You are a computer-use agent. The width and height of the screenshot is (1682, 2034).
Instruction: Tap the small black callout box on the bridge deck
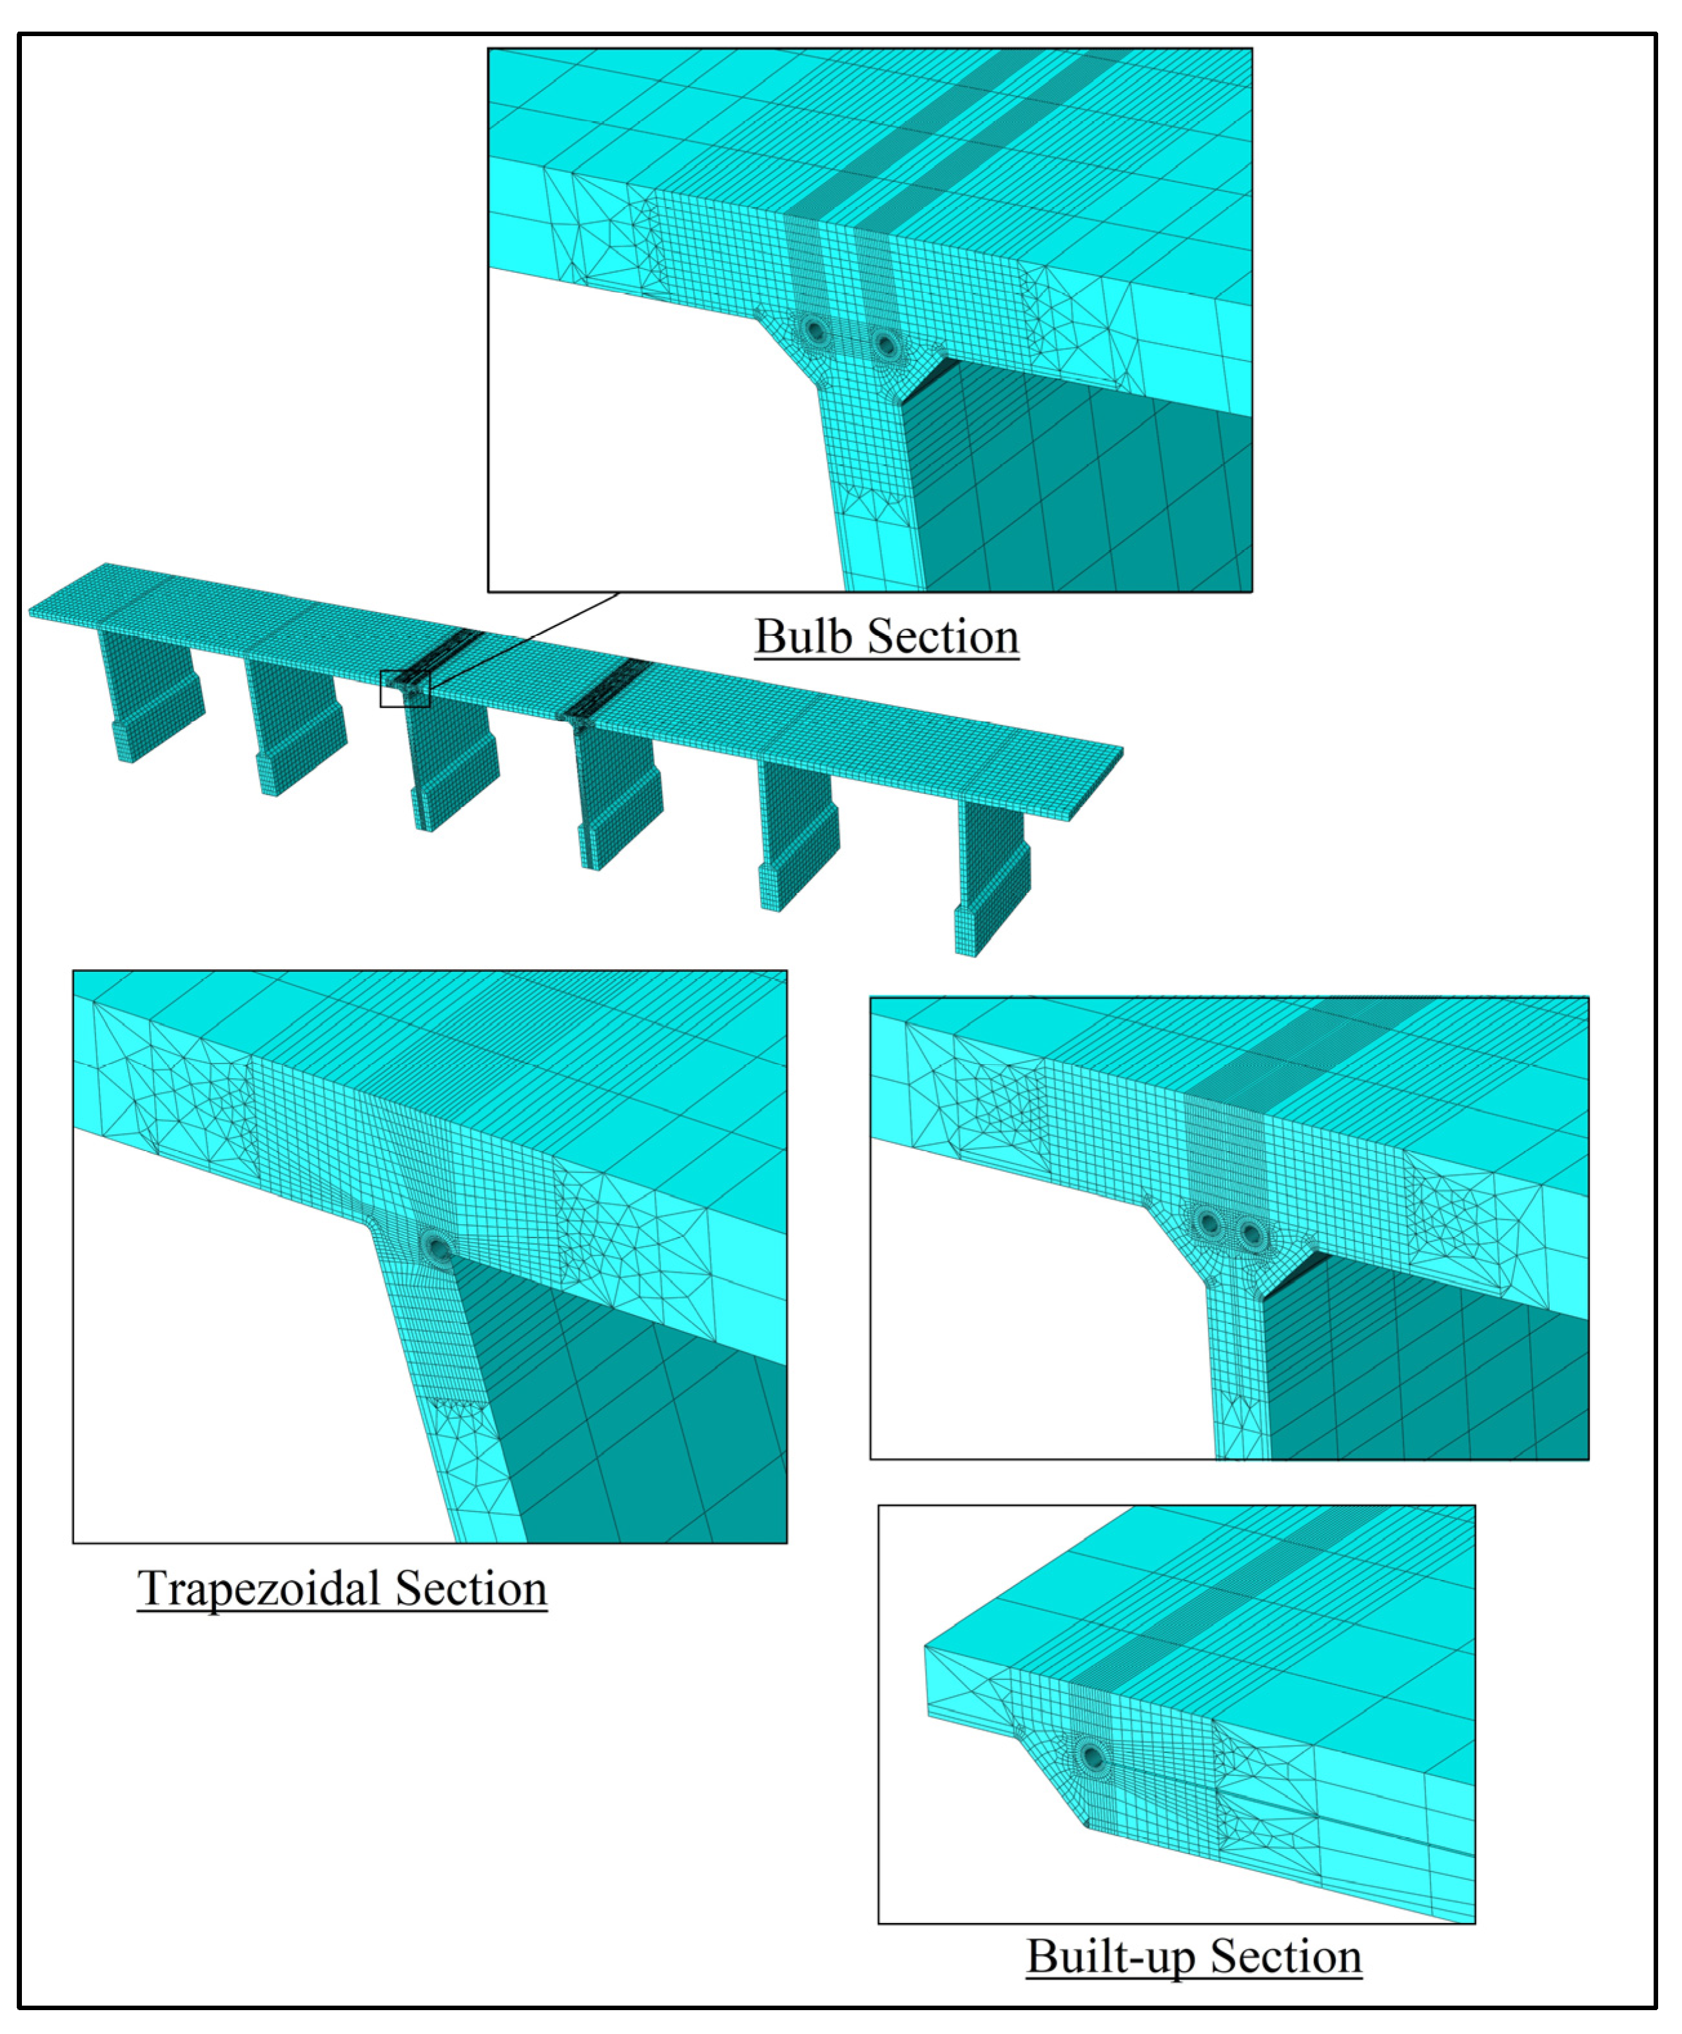tap(404, 689)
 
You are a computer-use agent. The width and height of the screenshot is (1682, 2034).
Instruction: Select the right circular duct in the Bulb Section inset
tap(884, 343)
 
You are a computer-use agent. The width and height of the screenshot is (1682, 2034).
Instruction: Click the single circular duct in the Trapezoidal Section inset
tap(438, 1247)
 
